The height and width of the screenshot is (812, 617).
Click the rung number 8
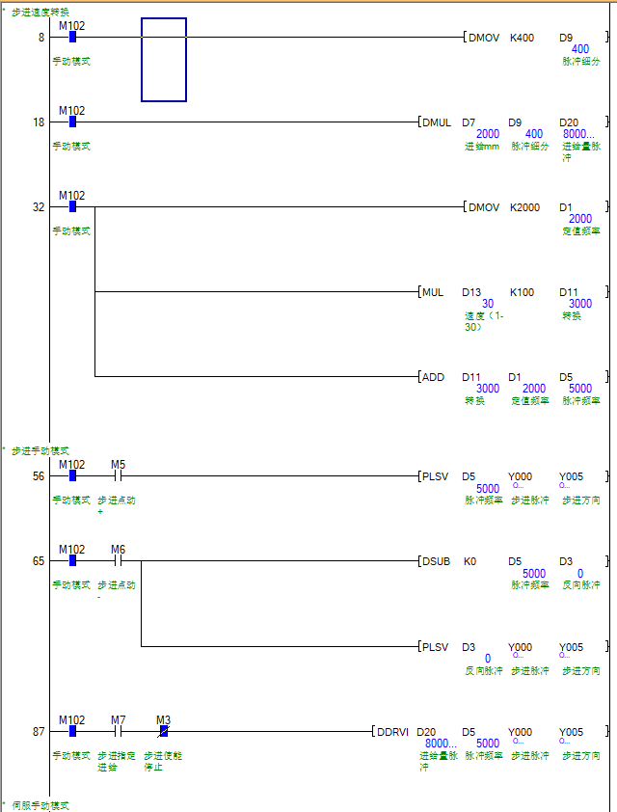(40, 38)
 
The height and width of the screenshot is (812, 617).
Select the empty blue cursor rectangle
(164, 60)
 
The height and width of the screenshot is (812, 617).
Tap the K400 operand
(522, 38)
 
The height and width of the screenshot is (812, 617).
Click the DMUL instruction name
(437, 122)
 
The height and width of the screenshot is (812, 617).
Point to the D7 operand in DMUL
(469, 122)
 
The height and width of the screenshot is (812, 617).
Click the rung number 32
(39, 207)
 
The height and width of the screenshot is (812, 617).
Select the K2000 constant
(524, 207)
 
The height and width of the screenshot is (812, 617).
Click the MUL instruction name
(433, 292)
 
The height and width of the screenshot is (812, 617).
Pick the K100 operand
(522, 292)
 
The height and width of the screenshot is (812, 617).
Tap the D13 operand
(471, 292)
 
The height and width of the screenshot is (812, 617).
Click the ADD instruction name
(433, 377)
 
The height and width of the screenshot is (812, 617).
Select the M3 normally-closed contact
(164, 731)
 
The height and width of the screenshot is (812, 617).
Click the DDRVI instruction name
(393, 732)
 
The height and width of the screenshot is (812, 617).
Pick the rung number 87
(39, 732)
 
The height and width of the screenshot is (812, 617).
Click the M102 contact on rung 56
(72, 475)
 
